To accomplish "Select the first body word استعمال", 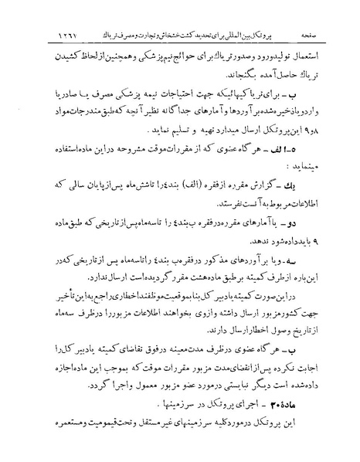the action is coord(311,57).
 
